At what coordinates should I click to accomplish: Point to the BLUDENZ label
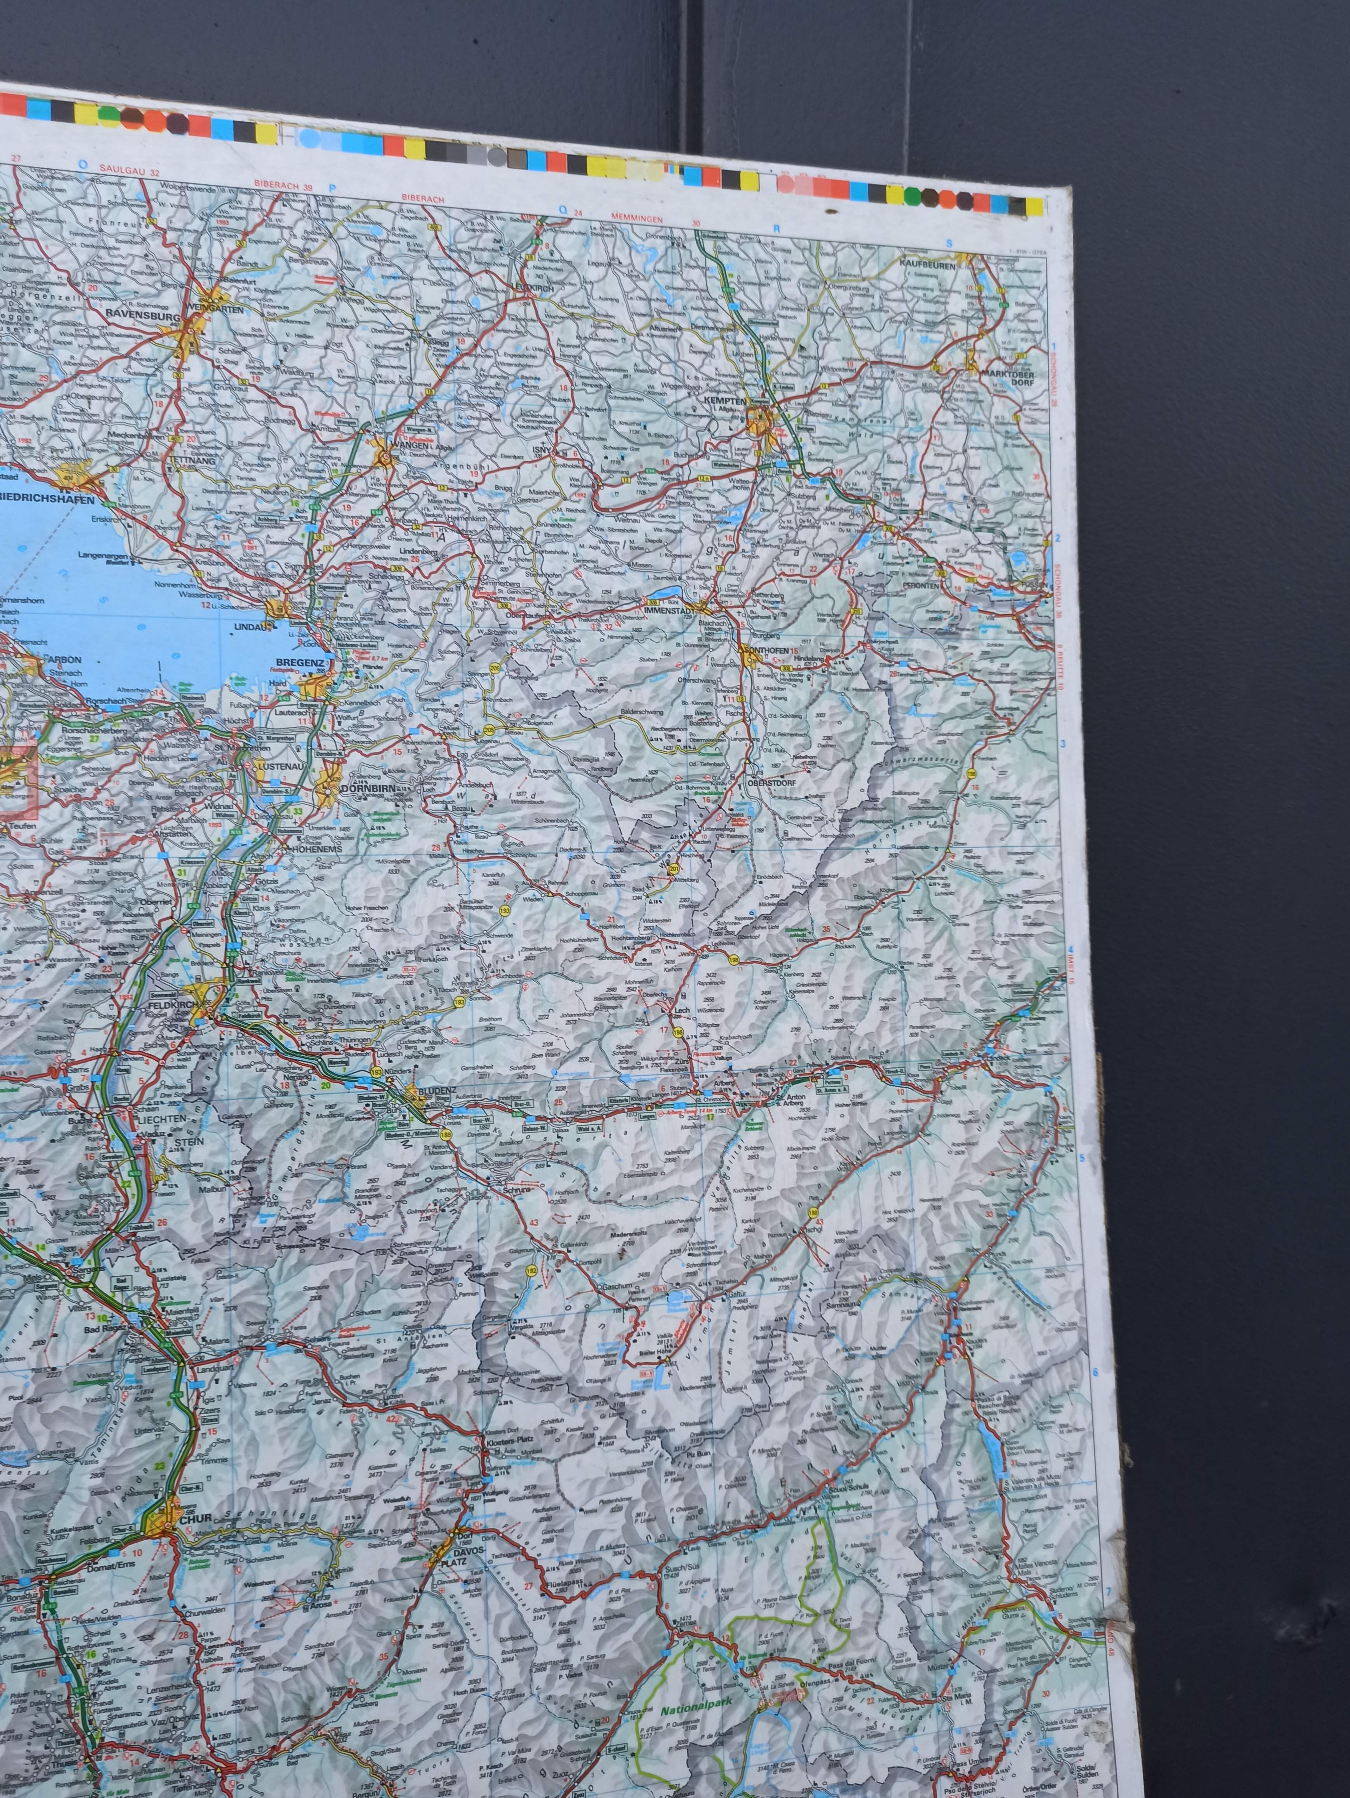coord(437,1088)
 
